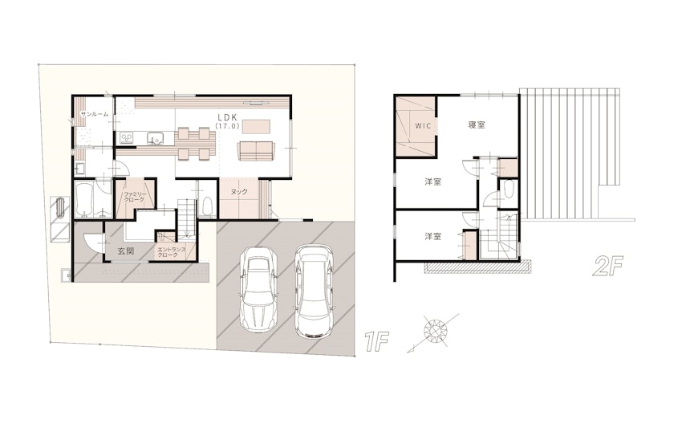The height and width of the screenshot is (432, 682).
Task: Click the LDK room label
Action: click(226, 117)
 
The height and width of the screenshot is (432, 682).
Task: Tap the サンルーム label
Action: click(95, 114)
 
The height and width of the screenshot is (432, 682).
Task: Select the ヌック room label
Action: click(239, 192)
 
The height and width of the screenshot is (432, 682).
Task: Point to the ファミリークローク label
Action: click(134, 197)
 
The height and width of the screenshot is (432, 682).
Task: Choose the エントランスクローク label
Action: click(172, 252)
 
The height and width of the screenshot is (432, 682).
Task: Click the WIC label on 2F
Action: click(423, 126)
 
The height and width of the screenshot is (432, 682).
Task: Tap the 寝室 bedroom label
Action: click(477, 124)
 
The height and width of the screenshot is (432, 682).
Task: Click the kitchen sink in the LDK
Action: click(154, 138)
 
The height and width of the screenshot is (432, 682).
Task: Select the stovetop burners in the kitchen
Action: click(127, 138)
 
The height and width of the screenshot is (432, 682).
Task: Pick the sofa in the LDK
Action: click(256, 151)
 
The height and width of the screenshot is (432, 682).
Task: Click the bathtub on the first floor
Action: click(83, 199)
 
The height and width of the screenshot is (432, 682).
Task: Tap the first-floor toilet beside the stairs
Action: click(207, 206)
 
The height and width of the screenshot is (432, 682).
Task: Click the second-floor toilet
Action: click(509, 190)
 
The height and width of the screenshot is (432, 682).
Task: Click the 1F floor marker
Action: click(376, 341)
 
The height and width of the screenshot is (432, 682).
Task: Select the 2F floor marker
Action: click(607, 267)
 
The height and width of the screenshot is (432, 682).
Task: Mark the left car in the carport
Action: click(258, 289)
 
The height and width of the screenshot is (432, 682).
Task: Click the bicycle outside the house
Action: click(59, 209)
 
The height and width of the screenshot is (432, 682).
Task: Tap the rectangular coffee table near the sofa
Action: click(257, 127)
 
